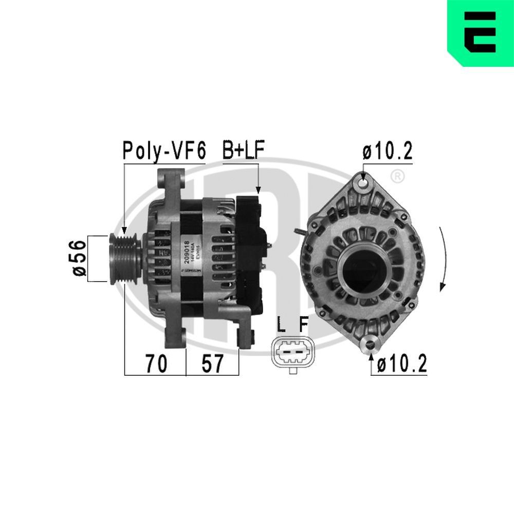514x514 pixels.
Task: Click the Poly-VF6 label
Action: click(163, 151)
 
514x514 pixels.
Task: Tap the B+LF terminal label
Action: click(243, 151)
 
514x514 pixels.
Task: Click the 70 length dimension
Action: click(155, 364)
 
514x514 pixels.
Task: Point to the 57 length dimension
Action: click(212, 364)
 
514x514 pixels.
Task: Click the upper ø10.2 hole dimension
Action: click(387, 152)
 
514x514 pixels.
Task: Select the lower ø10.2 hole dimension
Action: click(401, 364)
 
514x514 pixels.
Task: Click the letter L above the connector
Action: click(281, 325)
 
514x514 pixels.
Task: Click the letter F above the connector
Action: click(304, 325)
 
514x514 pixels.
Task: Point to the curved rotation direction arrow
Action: click(444, 260)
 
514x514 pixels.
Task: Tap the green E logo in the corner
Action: click(480, 33)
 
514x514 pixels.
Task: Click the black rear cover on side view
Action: click(249, 252)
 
